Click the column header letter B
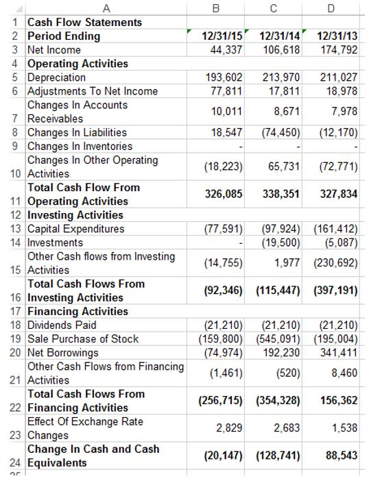click(215, 8)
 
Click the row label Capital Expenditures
click(75, 229)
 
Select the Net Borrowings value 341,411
click(337, 353)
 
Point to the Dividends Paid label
click(62, 325)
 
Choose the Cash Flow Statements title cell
click(84, 22)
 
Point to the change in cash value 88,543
click(340, 456)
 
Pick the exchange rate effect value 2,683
click(286, 428)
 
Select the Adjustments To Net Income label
click(92, 91)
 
